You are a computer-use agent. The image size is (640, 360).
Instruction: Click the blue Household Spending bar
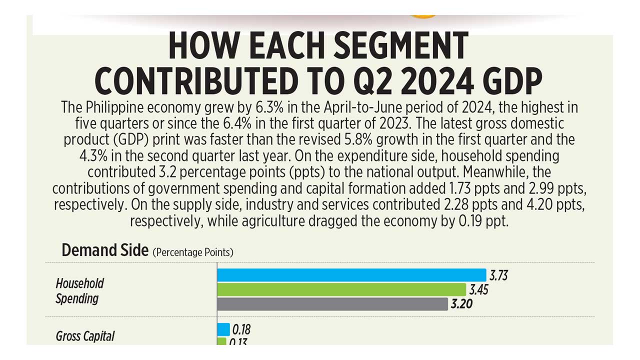tap(351, 275)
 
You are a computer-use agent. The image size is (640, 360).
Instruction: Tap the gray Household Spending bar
tap(332, 304)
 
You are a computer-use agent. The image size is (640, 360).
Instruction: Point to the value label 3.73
tap(498, 275)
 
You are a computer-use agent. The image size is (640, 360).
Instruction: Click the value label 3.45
tap(478, 289)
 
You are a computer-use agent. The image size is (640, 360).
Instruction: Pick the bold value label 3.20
tap(461, 304)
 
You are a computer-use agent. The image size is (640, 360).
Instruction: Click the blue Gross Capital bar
tap(223, 329)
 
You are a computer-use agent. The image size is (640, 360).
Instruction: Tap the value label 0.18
tap(241, 329)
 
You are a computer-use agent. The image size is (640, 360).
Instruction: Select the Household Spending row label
tap(79, 291)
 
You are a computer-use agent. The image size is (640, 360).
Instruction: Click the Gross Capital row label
tap(85, 336)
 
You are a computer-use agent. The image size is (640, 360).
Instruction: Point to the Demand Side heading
tap(105, 250)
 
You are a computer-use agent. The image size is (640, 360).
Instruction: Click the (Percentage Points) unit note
tap(193, 252)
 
